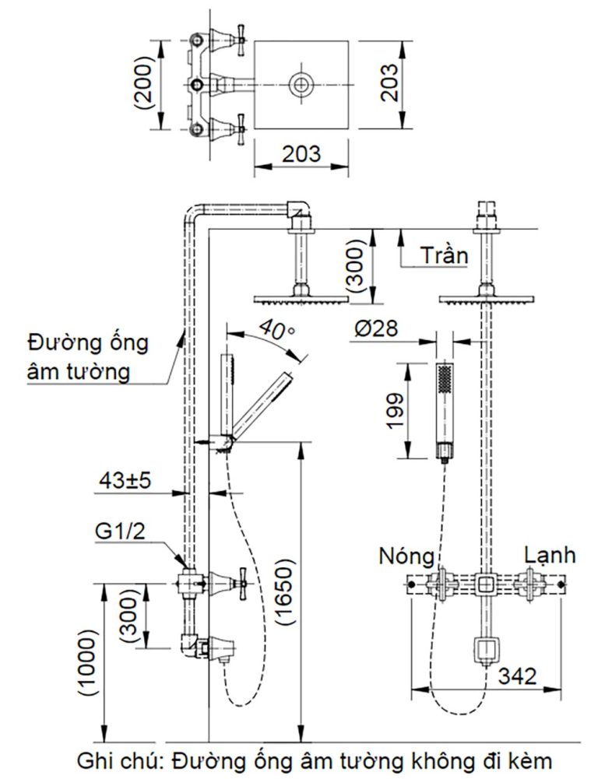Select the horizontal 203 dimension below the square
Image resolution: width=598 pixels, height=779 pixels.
301,153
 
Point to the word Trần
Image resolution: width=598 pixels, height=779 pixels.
444,255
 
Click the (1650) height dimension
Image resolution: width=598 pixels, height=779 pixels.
286,592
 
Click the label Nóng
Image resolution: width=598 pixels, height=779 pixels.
406,556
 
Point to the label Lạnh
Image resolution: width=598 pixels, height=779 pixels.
550,555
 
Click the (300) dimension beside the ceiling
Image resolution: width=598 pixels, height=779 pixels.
355,266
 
